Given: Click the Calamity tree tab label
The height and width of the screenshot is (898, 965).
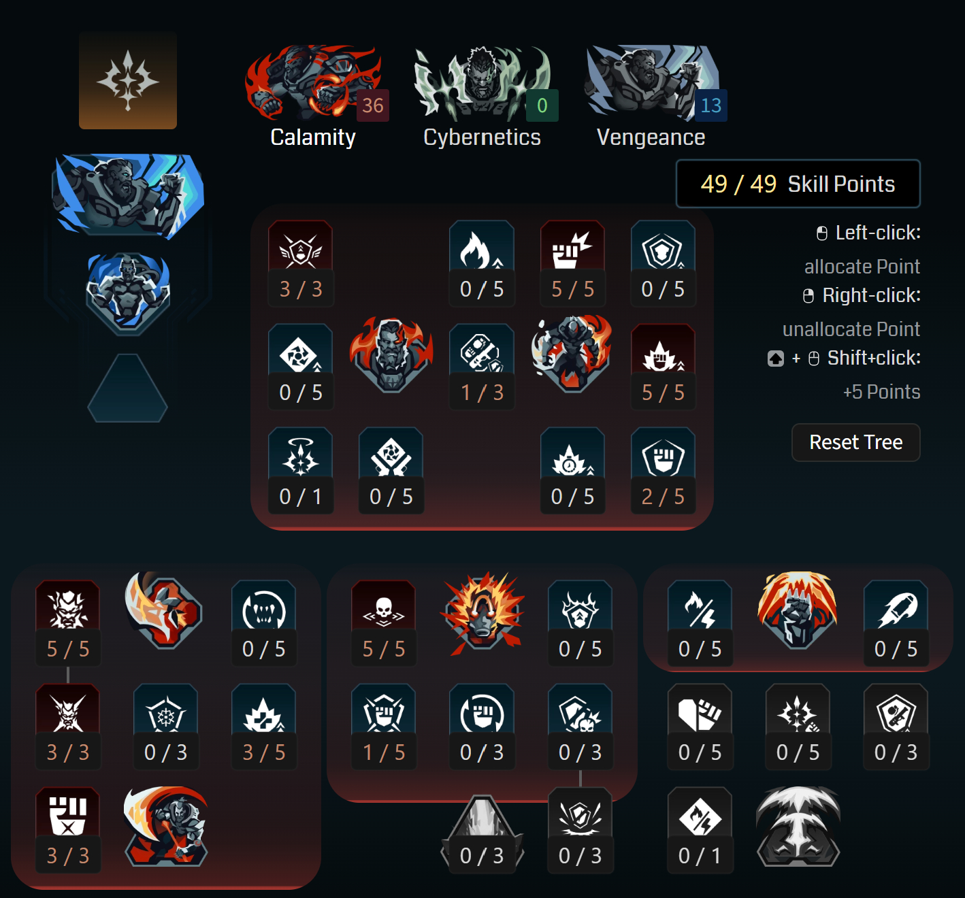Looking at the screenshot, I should [x=313, y=137].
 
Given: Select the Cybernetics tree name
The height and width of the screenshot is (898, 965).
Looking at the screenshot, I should [x=482, y=137].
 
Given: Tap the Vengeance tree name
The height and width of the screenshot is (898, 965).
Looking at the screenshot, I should [x=651, y=137].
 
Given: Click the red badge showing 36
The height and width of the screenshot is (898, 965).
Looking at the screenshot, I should [x=373, y=105].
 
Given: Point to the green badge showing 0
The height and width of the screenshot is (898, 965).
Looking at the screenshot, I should [x=542, y=105].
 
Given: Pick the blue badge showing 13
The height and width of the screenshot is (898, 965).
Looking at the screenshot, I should [x=711, y=105].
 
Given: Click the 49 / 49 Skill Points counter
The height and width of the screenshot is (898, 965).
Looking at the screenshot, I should [x=798, y=184].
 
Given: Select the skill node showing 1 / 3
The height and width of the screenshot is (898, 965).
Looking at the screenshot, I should [x=482, y=367].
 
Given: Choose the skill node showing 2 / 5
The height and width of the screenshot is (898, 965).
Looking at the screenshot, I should [x=663, y=470].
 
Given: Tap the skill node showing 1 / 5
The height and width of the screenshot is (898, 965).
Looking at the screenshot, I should [x=384, y=726].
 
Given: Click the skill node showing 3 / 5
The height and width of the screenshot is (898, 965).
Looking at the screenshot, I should [x=264, y=726].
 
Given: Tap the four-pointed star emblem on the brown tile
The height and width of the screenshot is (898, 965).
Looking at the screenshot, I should [x=128, y=81].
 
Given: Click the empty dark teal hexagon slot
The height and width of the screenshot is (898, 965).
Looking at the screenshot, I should [x=128, y=388].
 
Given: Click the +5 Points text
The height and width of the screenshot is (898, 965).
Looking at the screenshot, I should [x=881, y=392].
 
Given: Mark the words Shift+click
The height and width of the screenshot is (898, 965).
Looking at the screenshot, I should [x=874, y=358].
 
